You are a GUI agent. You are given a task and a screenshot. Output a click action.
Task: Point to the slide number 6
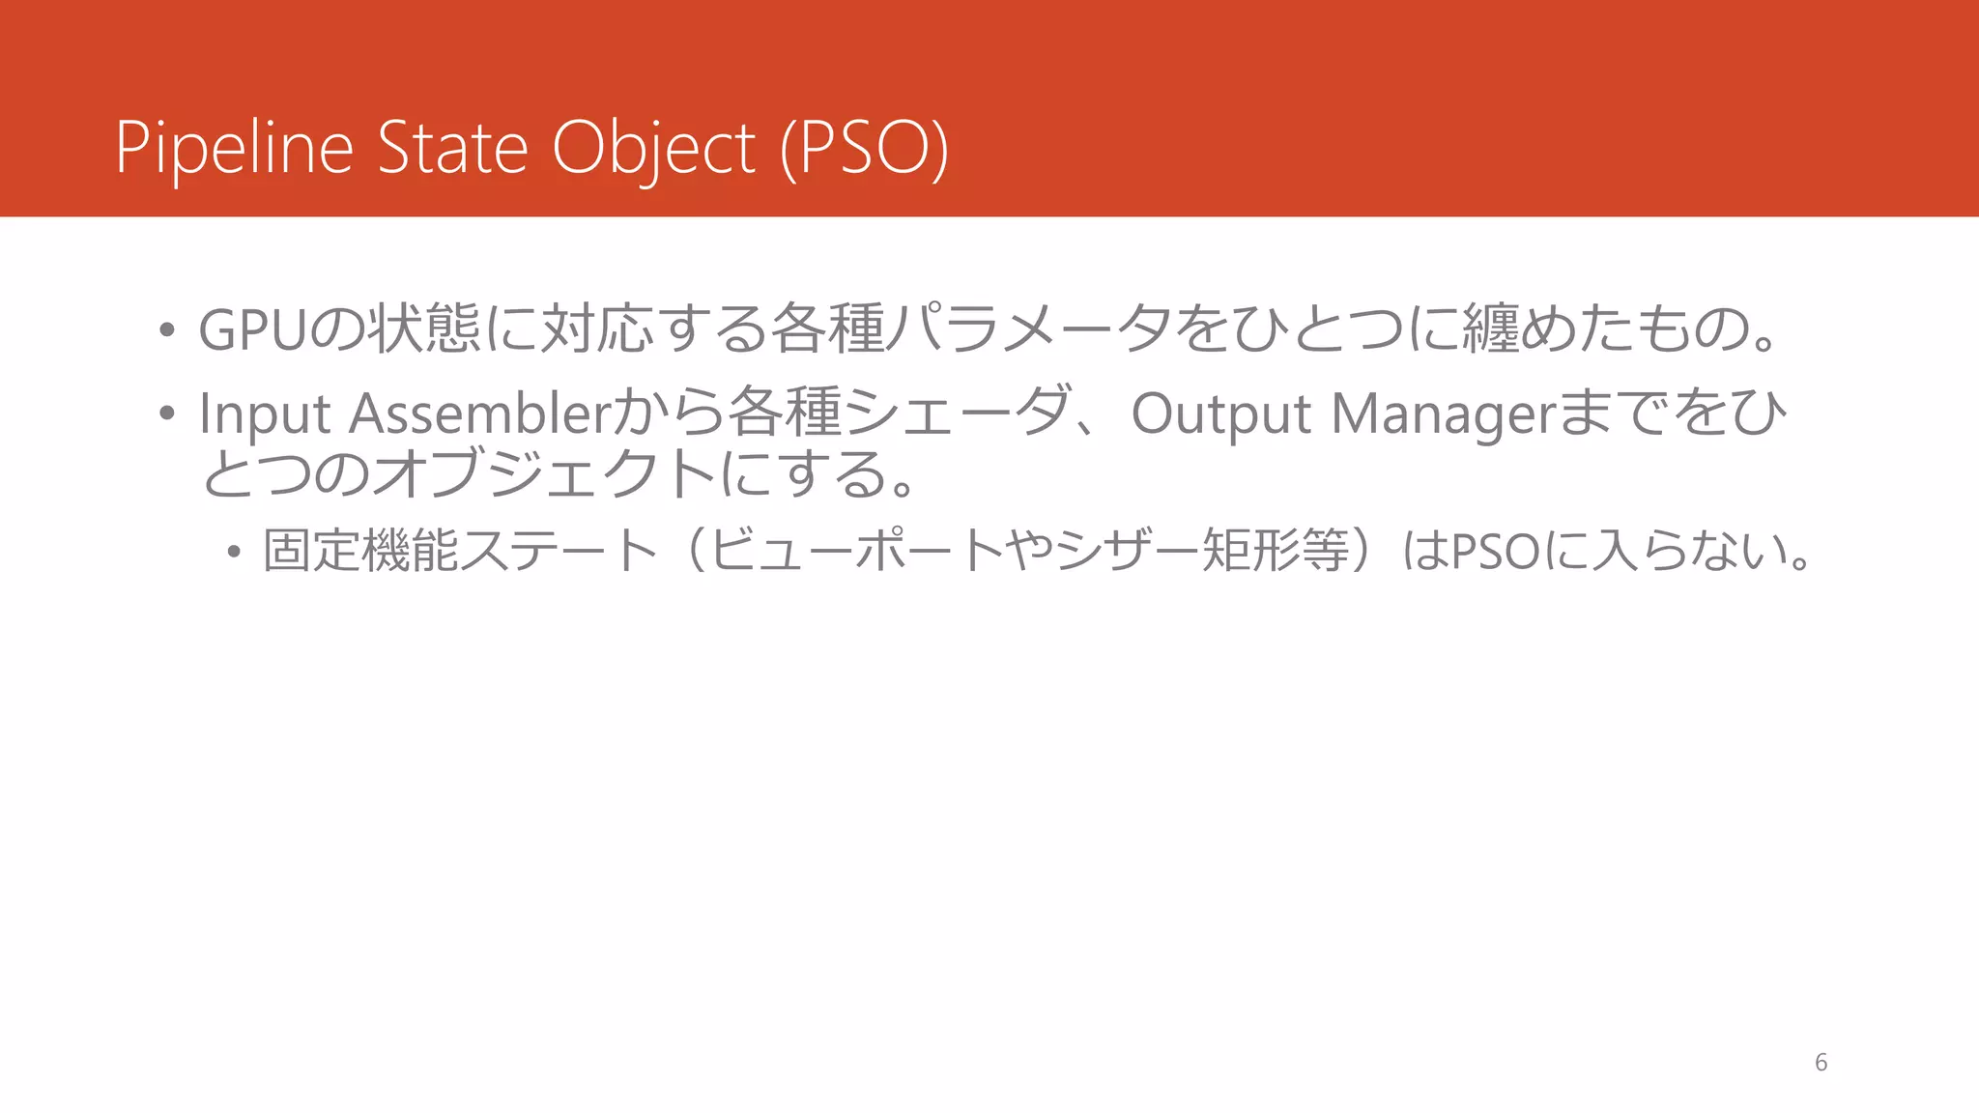tap(1821, 1063)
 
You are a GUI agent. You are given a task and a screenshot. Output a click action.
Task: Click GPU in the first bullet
tap(253, 329)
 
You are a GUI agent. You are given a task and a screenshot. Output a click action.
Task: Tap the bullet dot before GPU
tap(167, 330)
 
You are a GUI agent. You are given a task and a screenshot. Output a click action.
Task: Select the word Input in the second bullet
tap(265, 414)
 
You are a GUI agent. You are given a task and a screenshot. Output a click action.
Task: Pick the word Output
tap(1220, 414)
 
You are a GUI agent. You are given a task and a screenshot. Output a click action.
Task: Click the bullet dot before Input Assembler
tap(167, 414)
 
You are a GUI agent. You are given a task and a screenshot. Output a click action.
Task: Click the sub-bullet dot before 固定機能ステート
tap(233, 553)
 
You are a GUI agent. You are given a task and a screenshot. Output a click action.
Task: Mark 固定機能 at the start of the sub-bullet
tap(359, 551)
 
